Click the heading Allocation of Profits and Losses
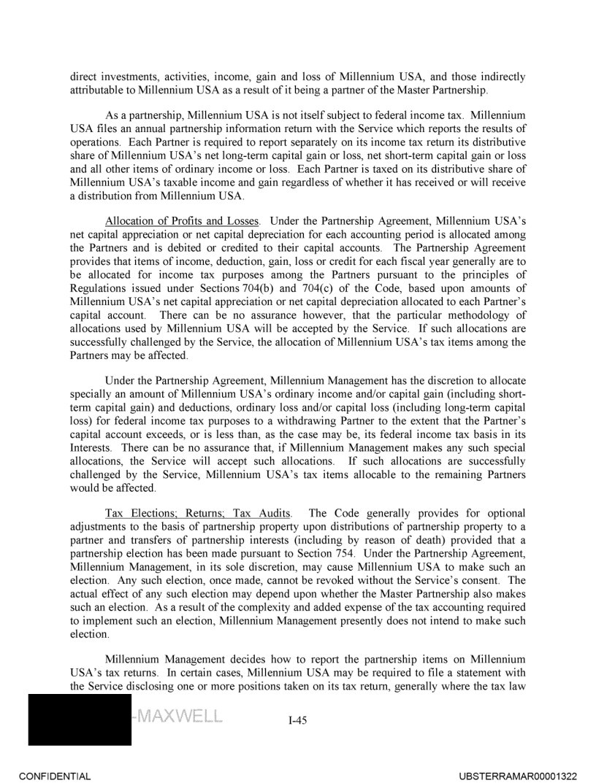pos(184,220)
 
